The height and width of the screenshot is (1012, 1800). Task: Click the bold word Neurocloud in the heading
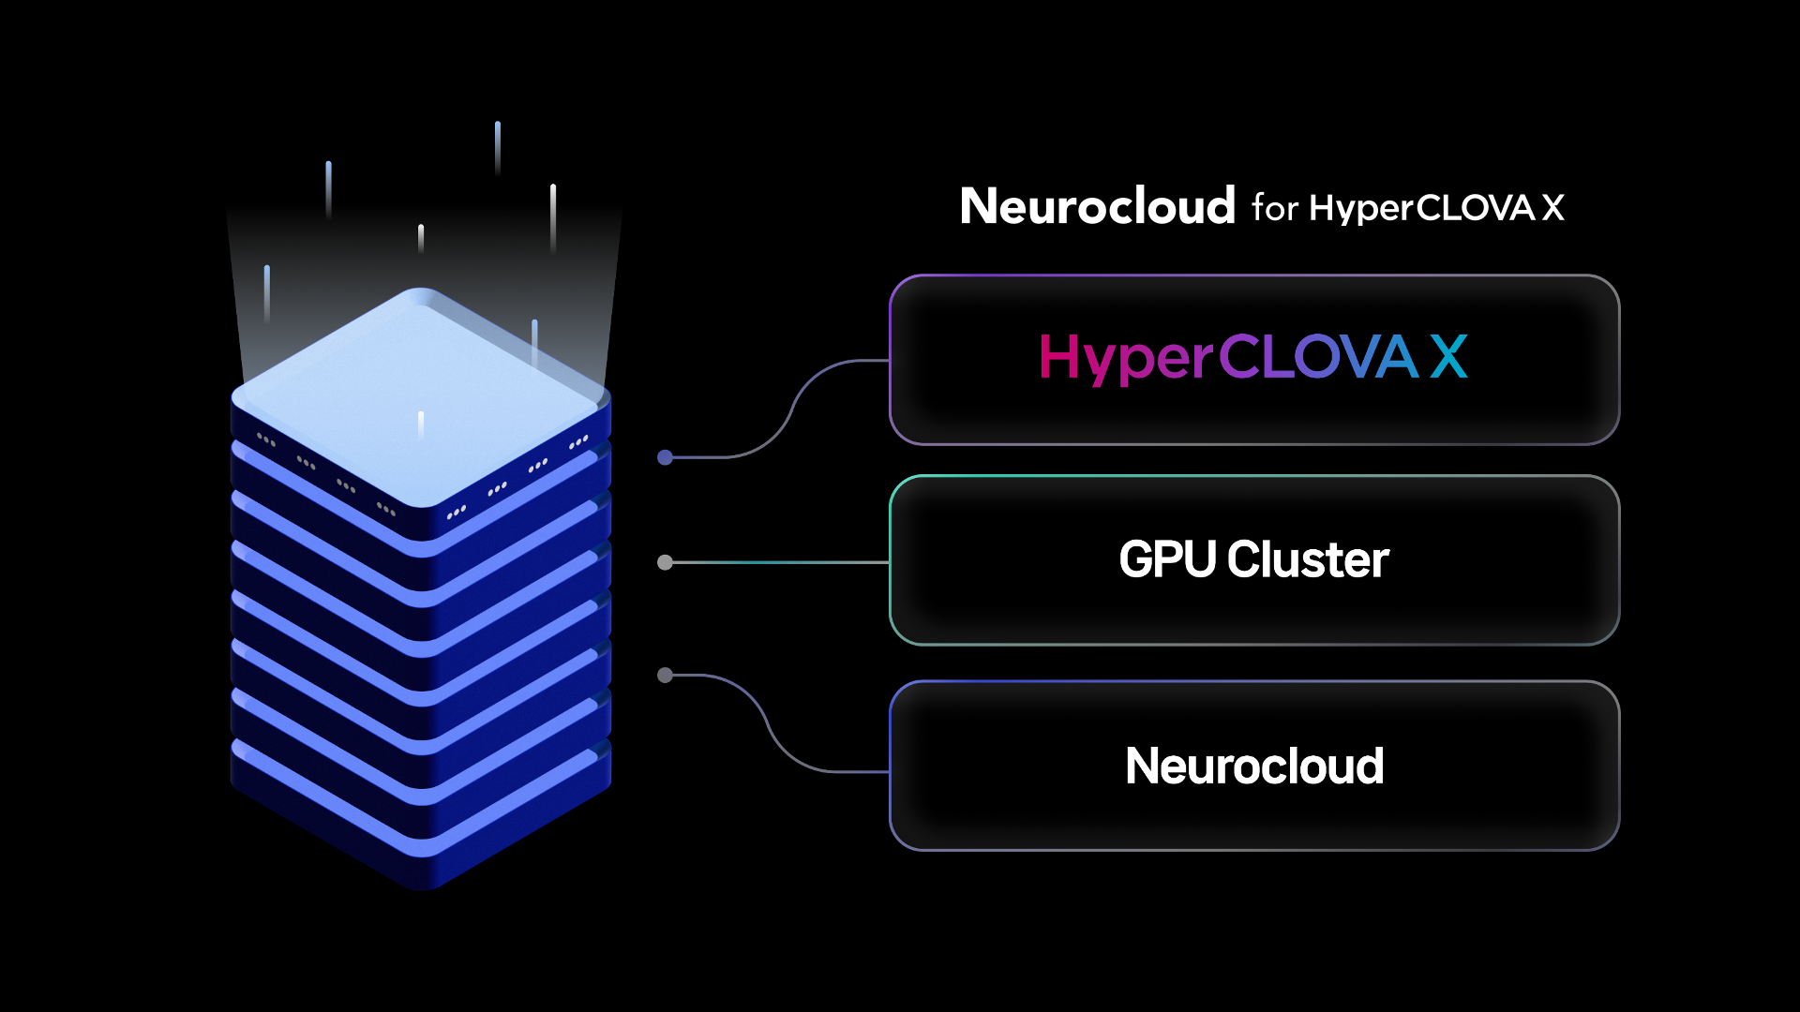coord(1097,206)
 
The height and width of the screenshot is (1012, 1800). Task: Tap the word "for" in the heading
coord(1275,208)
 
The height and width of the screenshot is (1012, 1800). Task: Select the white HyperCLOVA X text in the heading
coord(1437,209)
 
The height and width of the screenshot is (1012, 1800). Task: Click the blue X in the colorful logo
coord(1449,357)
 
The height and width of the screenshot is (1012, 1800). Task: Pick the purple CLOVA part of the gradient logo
coord(1318,357)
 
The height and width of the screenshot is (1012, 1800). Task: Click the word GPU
coord(1167,559)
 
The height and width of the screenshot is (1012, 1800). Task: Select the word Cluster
coord(1309,559)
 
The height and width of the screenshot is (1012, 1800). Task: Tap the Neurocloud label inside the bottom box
coord(1254,766)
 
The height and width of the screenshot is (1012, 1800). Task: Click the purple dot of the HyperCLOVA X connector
coord(666,457)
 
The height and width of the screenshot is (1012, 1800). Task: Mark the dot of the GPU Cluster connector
coord(666,562)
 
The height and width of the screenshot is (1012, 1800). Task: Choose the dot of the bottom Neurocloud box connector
coord(666,675)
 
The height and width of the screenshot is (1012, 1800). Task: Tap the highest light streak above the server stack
coord(498,147)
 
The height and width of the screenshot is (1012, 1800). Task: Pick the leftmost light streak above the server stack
coord(267,293)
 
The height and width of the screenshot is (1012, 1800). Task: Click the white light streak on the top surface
coord(421,424)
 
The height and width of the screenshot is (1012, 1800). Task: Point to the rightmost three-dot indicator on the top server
coord(578,441)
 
